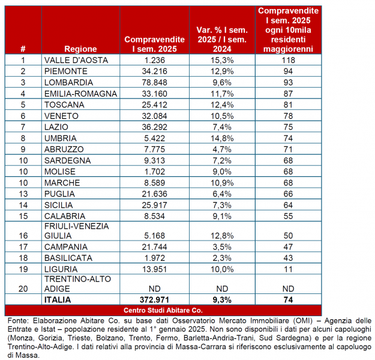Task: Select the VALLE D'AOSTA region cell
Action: click(x=71, y=60)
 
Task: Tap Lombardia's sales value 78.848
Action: click(x=154, y=82)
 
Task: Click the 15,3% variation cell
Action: click(x=222, y=60)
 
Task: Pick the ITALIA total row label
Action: click(x=58, y=299)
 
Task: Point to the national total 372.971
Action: click(x=154, y=299)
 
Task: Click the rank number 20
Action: click(x=23, y=289)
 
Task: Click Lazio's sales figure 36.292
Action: click(x=154, y=127)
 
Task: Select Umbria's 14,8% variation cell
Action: click(x=222, y=137)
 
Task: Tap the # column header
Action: click(x=23, y=49)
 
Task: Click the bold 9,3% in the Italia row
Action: click(x=222, y=299)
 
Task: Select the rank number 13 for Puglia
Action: click(x=23, y=194)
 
